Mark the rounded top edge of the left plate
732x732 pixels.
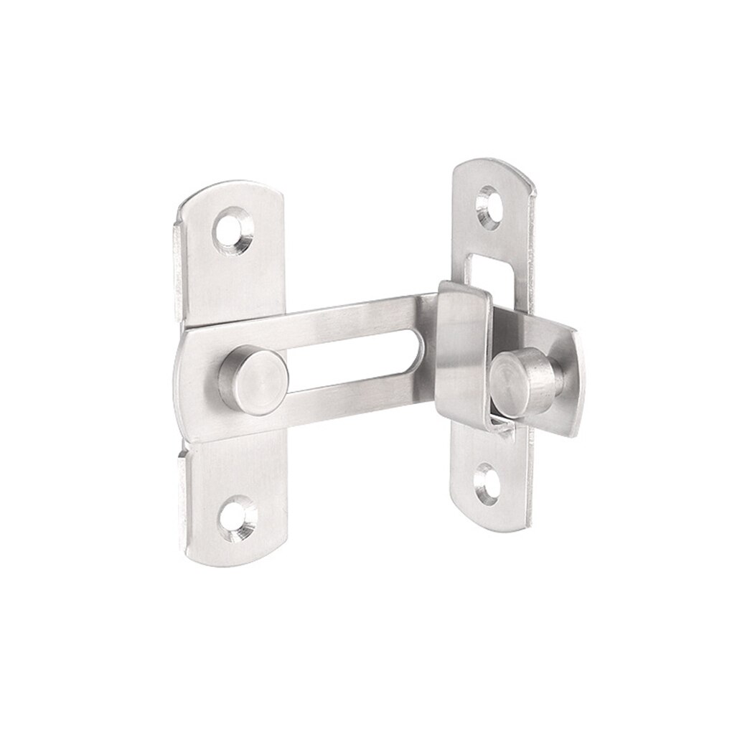pyautogui.click(x=230, y=188)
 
